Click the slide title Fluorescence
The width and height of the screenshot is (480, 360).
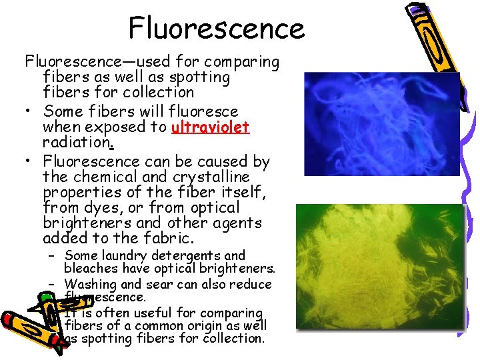216,28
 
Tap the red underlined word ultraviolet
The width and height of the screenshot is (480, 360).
210,127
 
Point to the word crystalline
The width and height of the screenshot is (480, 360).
211,177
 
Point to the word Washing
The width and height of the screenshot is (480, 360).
91,285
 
